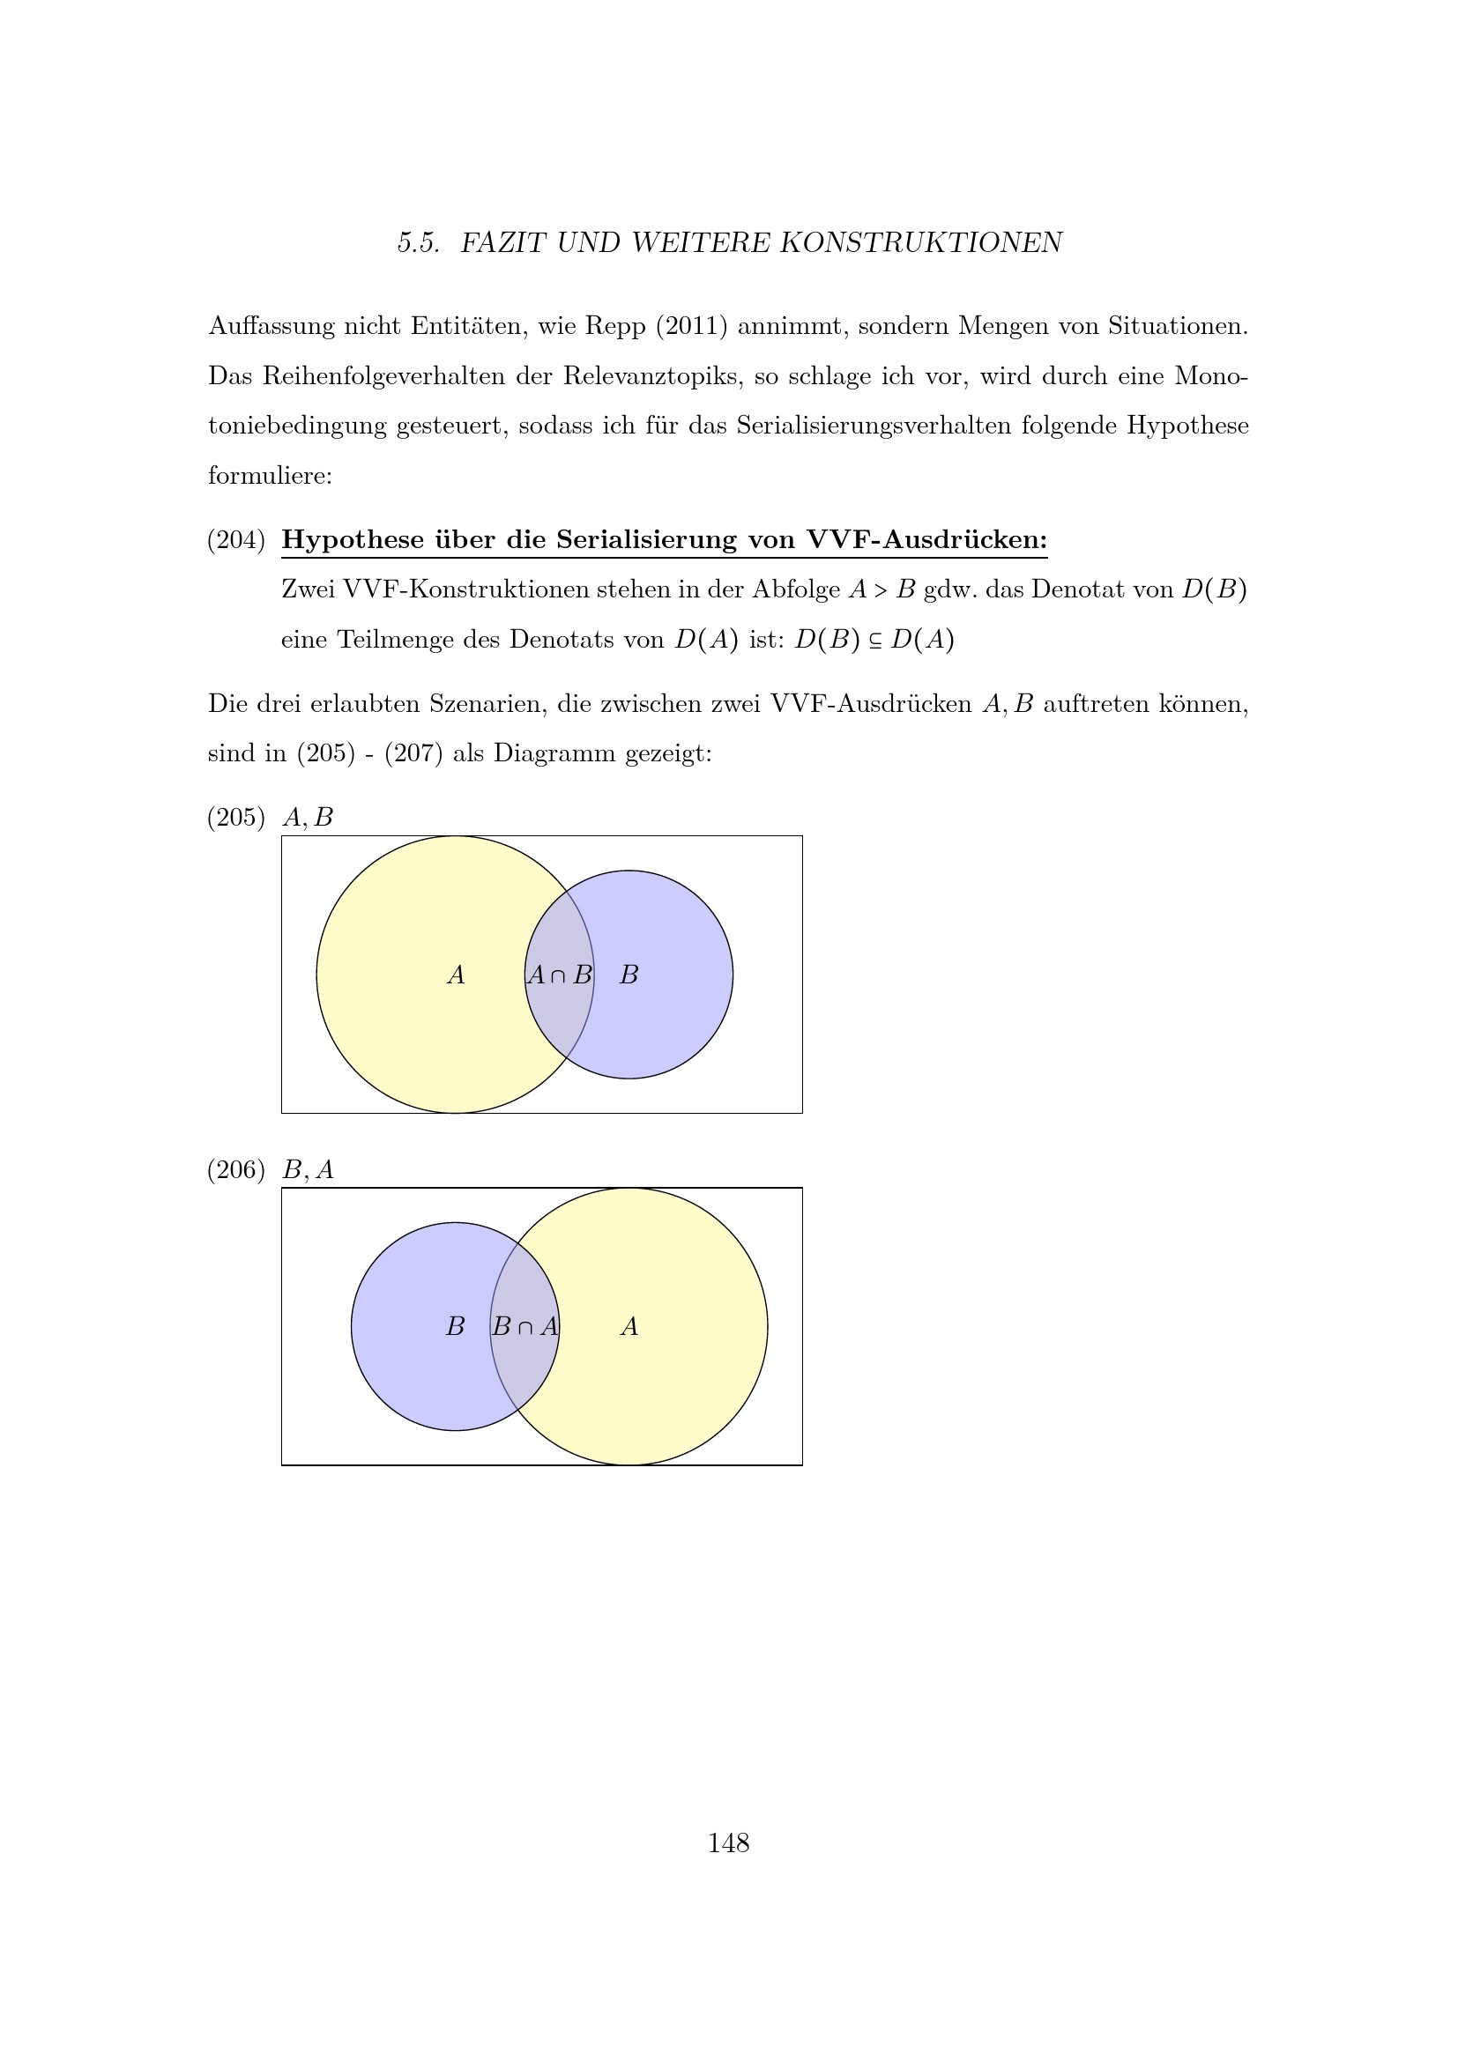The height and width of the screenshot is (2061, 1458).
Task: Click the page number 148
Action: tap(728, 1842)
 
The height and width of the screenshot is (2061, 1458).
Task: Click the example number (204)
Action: tap(236, 540)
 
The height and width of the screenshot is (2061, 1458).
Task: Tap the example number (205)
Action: tap(236, 818)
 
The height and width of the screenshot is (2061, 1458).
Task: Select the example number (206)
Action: tap(236, 1169)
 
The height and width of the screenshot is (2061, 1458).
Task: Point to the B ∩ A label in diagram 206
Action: tap(525, 1327)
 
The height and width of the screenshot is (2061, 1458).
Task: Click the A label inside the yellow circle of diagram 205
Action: tap(456, 975)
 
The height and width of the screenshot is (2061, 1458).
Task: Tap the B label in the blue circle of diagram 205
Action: tap(629, 975)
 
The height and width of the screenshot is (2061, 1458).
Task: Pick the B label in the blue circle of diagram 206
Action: tap(455, 1327)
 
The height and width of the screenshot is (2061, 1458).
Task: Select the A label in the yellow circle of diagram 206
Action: tap(629, 1327)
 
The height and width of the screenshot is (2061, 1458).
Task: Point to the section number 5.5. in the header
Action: tap(419, 243)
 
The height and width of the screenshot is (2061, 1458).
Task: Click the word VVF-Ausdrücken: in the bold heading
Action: tap(926, 540)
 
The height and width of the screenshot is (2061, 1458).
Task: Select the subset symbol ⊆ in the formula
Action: tap(875, 641)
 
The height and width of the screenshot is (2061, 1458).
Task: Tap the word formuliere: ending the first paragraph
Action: tap(271, 476)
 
